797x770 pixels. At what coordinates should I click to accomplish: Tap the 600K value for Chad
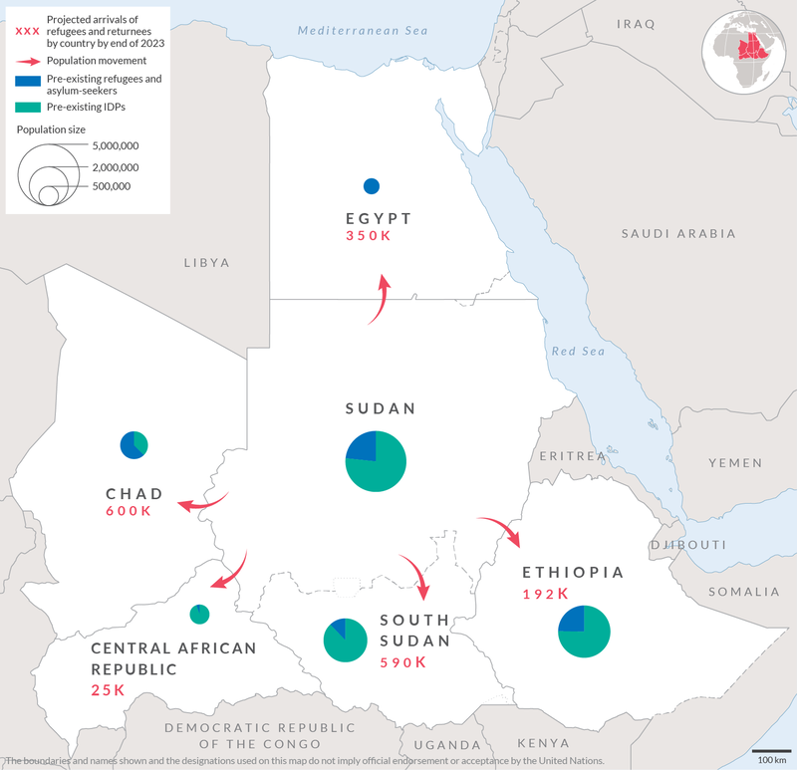click(129, 511)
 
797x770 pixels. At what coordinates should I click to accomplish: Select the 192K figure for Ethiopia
click(545, 594)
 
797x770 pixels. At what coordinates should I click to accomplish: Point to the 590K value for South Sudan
click(402, 662)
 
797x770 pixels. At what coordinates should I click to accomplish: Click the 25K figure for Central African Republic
click(109, 690)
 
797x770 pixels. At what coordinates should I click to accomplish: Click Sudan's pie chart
click(376, 461)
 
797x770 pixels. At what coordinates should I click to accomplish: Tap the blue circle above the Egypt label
click(372, 185)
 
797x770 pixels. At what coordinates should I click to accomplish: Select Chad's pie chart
click(133, 444)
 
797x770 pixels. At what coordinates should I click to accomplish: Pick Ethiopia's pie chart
click(584, 631)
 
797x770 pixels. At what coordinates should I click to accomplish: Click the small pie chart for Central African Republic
click(199, 614)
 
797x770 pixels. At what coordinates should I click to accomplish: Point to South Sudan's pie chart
click(346, 640)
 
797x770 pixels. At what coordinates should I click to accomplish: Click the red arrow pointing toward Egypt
click(380, 300)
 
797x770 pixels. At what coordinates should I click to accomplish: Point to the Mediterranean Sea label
click(362, 31)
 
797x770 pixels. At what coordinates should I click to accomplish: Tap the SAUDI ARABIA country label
click(678, 234)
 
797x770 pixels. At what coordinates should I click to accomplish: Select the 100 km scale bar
click(770, 750)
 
